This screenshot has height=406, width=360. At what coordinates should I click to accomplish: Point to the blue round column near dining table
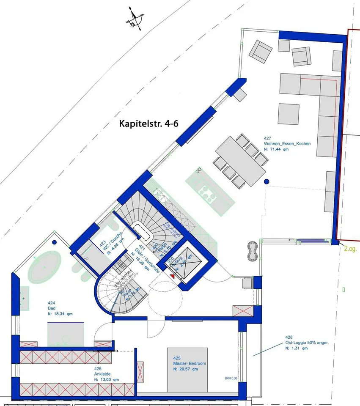click(267, 181)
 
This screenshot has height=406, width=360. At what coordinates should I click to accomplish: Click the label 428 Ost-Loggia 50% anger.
click(301, 343)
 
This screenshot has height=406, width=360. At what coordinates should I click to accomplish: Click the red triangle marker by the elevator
click(172, 276)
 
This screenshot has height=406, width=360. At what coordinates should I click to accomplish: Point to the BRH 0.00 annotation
click(231, 379)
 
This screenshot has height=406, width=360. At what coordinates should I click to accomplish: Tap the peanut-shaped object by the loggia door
click(252, 252)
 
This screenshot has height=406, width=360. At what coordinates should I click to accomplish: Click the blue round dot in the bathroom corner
click(55, 243)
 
